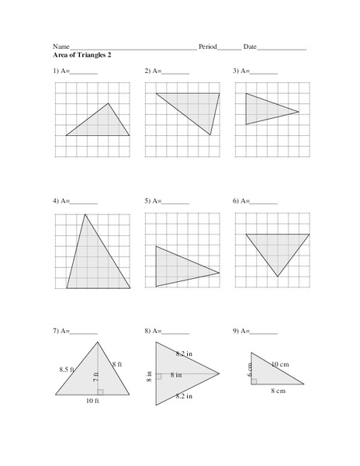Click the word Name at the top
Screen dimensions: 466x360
tap(61, 47)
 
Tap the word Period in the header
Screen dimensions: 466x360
tap(208, 47)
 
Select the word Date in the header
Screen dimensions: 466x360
tap(250, 47)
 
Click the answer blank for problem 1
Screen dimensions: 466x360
tap(85, 71)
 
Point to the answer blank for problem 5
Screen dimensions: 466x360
tap(175, 201)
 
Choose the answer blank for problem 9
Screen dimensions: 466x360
tap(265, 332)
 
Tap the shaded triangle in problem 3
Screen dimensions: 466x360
tap(265, 110)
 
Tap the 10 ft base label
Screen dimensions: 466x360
tap(92, 401)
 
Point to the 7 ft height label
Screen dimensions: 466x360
tap(95, 377)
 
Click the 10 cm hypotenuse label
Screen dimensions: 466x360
tap(282, 363)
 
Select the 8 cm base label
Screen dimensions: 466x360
tap(278, 391)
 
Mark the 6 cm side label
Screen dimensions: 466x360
tap(251, 370)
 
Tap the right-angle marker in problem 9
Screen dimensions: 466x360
tap(254, 381)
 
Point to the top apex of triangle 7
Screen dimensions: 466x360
tap(98, 342)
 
